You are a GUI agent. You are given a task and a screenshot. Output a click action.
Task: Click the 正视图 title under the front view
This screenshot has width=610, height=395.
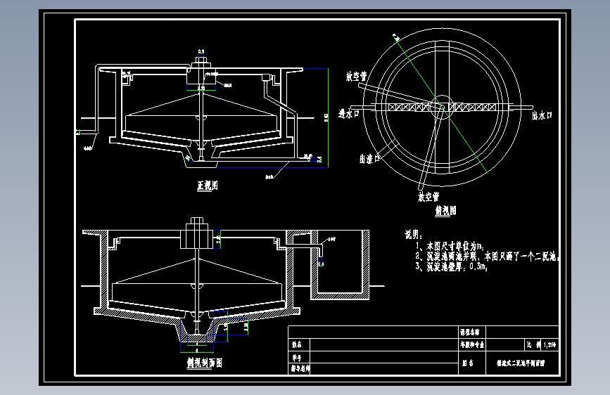[x=206, y=186]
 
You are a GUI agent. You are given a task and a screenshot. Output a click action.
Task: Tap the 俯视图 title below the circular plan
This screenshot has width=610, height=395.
[x=446, y=210]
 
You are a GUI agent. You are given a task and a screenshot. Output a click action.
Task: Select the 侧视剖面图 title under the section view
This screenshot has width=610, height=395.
[x=201, y=363]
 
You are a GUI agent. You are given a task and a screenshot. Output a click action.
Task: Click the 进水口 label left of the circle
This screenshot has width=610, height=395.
[x=349, y=113]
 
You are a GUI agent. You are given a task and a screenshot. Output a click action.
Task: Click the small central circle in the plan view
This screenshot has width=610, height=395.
[x=443, y=104]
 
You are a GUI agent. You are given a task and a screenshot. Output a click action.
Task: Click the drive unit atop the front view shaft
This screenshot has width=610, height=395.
[x=203, y=70]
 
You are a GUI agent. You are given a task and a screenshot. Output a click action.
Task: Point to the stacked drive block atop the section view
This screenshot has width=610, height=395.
[x=194, y=233]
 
